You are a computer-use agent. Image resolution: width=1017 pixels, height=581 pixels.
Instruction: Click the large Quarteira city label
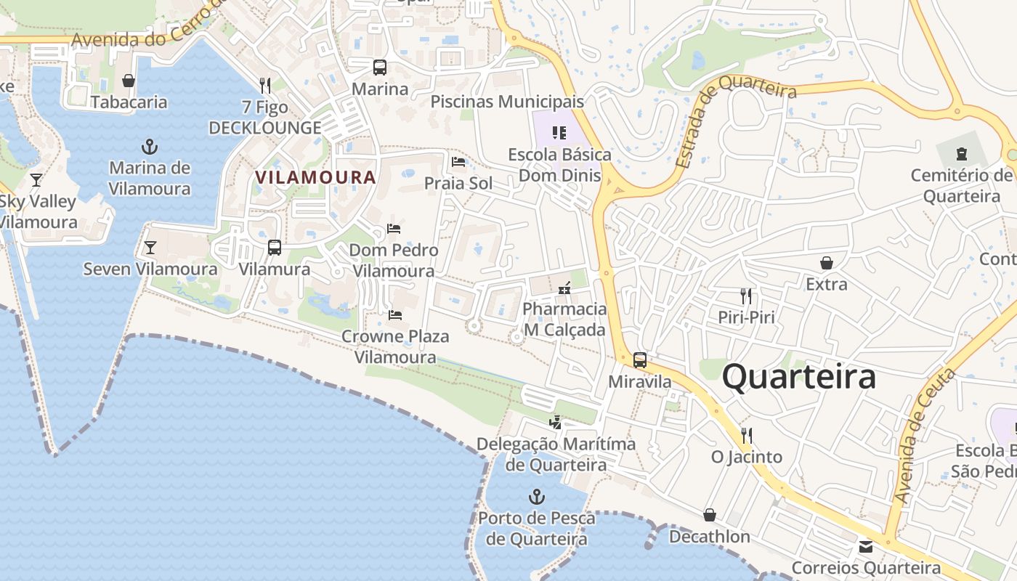coord(798,378)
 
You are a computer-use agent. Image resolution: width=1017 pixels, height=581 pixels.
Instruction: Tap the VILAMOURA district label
coord(315,177)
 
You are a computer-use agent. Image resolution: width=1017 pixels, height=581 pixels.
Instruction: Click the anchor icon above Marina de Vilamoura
coord(149,147)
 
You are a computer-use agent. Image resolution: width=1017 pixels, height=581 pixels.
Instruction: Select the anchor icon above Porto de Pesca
coord(536,497)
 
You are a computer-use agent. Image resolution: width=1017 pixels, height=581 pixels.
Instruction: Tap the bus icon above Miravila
coord(639,360)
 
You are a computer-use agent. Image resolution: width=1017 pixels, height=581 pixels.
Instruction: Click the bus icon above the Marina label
coord(379,68)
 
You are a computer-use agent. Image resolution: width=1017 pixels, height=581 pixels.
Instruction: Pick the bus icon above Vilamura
coord(275,248)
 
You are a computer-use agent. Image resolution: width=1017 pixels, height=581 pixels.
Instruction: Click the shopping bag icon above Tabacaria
coord(129,81)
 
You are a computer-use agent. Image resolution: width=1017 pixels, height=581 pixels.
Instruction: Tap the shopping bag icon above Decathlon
coord(710,515)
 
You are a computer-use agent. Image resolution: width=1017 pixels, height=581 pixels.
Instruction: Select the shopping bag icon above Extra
coord(826,263)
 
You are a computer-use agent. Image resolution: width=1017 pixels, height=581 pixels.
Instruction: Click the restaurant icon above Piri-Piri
coord(745,296)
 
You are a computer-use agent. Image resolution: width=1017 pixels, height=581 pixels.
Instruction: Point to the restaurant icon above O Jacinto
coord(746,436)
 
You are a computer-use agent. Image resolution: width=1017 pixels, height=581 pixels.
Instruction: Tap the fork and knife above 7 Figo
coord(264,86)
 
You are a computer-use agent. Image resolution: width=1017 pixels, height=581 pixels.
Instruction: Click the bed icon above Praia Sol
coord(458,161)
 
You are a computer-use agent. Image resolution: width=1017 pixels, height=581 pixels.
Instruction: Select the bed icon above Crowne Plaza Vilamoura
coord(395,315)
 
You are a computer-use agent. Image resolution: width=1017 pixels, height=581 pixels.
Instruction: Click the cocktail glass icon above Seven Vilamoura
coord(150,248)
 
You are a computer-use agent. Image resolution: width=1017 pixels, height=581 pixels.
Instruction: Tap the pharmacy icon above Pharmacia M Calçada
coord(564,288)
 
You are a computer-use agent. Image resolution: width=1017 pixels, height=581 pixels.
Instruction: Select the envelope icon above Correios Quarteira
coord(866,546)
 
